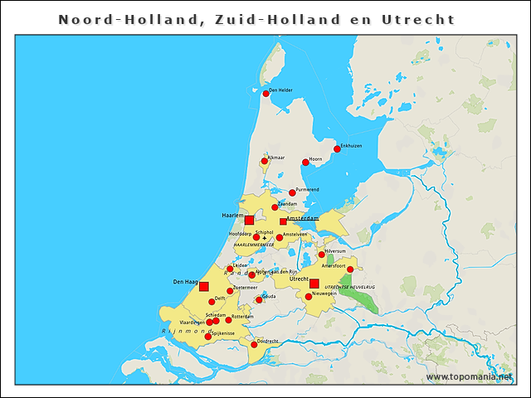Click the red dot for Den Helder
pos(265,94)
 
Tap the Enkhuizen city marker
pos(337,149)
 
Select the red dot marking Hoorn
pos(305,162)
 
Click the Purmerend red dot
pos(292,192)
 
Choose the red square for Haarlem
pos(249,220)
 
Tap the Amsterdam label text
pos(303,218)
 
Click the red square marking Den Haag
pos(204,286)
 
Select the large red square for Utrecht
pos(314,284)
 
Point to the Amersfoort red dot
pos(350,269)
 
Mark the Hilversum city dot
pos(322,255)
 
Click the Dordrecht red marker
pos(254,344)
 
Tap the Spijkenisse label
pos(224,332)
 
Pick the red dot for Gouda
pos(259,299)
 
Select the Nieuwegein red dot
pos(309,296)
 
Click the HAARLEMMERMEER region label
pos(254,245)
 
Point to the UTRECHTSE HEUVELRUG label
pos(349,287)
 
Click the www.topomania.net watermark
pos(470,376)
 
